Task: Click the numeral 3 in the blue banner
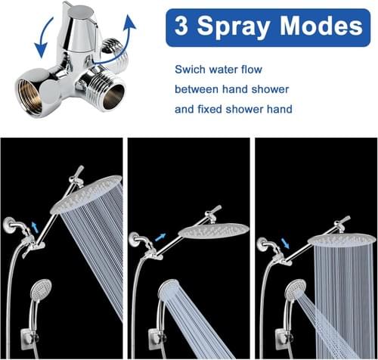(181, 26)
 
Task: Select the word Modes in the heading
(321, 26)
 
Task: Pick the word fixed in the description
(209, 109)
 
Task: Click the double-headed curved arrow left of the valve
(43, 38)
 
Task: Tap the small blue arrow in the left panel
(35, 228)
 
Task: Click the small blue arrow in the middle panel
(160, 237)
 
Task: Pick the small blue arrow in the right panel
(285, 244)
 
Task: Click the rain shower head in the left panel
(86, 194)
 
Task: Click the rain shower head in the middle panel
(214, 231)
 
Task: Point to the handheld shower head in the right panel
(296, 289)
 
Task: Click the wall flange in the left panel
(9, 225)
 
